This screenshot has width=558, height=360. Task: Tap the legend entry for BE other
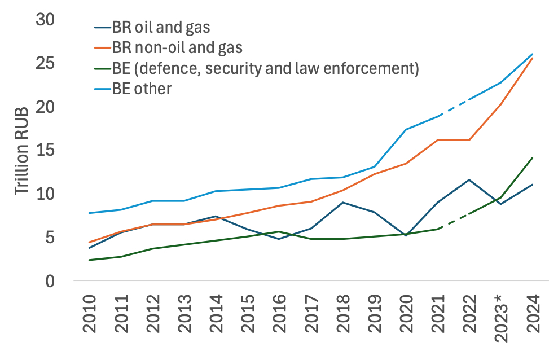141,89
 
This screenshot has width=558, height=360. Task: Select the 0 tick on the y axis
49,280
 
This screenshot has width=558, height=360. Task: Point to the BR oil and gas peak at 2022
469,179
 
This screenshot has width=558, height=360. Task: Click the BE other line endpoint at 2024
533,54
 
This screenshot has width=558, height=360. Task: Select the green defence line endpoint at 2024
533,158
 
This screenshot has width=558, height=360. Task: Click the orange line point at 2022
469,139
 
